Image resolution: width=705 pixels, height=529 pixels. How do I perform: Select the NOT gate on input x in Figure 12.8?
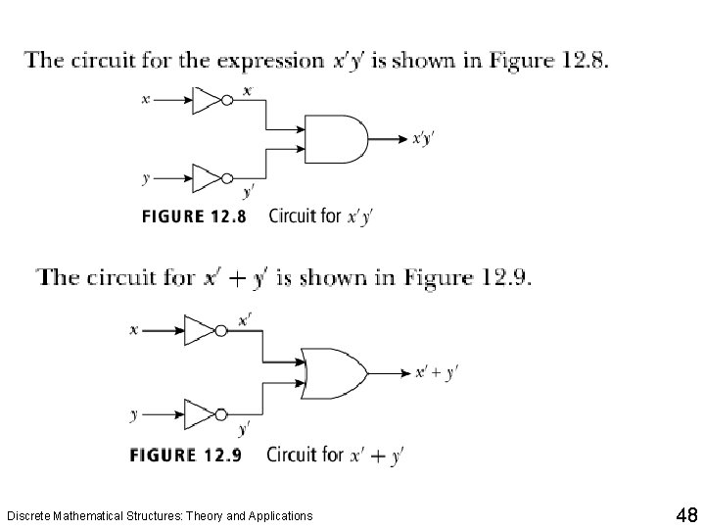pyautogui.click(x=210, y=100)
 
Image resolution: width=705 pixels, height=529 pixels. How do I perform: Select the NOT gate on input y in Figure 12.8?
pyautogui.click(x=210, y=178)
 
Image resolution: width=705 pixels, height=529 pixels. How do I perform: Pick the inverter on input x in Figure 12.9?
pyautogui.click(x=202, y=331)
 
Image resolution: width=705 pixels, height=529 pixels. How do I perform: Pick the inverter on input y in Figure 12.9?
pyautogui.click(x=202, y=413)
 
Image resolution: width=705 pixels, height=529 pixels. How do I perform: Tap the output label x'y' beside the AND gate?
pyautogui.click(x=422, y=139)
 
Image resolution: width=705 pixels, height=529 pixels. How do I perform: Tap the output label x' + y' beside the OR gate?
pyautogui.click(x=437, y=372)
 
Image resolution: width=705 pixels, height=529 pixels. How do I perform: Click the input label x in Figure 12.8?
pyautogui.click(x=145, y=100)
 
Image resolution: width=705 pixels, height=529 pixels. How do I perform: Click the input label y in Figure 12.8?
pyautogui.click(x=145, y=179)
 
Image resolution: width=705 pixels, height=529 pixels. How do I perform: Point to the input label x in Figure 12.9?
pyautogui.click(x=133, y=331)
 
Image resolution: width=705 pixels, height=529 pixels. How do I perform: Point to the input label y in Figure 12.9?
pyautogui.click(x=133, y=415)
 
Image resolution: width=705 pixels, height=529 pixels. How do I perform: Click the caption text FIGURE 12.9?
pyautogui.click(x=187, y=456)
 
